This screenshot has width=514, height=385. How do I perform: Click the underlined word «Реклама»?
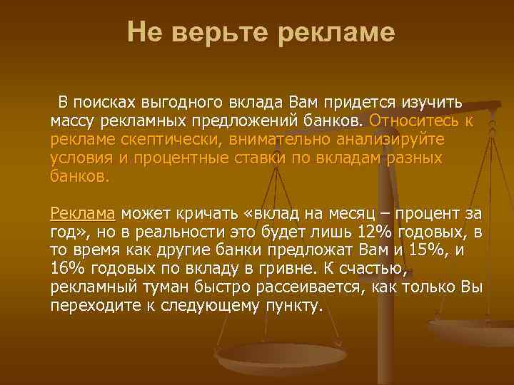pyautogui.click(x=83, y=212)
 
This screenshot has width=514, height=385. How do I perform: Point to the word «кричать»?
pyautogui.click(x=201, y=212)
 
